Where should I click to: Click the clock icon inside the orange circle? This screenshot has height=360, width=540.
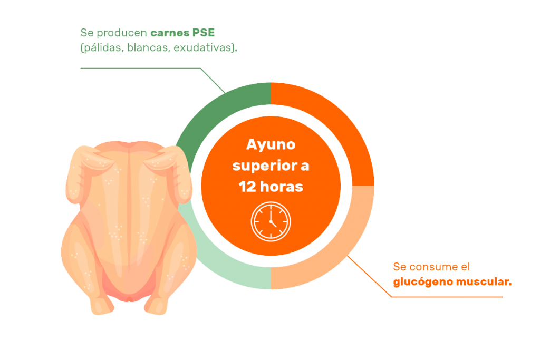point(271,221)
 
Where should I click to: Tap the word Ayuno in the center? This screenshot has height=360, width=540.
point(271,145)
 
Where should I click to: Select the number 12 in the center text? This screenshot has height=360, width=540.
point(247,187)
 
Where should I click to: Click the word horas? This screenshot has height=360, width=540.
point(282,187)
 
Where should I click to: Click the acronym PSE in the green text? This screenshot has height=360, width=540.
point(203,33)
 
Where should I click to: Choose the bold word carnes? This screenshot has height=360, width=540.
point(170,33)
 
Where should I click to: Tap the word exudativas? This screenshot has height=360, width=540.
point(204,47)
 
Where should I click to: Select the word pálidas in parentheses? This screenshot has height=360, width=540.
point(102,48)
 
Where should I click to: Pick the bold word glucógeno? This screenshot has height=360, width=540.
point(423,282)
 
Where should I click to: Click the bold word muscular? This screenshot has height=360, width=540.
point(482,282)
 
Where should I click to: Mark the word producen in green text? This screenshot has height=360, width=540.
point(122,33)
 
